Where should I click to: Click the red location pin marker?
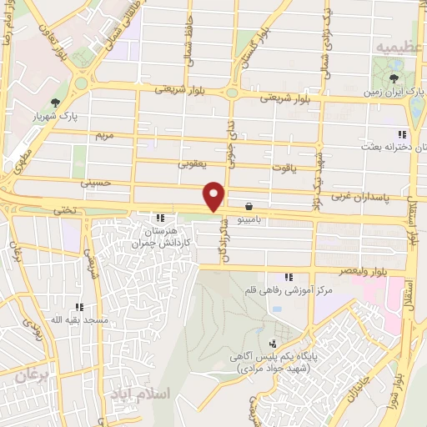(x=215, y=195)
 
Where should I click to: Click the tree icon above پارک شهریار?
(x=55, y=103)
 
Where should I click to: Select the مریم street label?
(x=103, y=134)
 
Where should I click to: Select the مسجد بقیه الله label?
(x=78, y=319)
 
